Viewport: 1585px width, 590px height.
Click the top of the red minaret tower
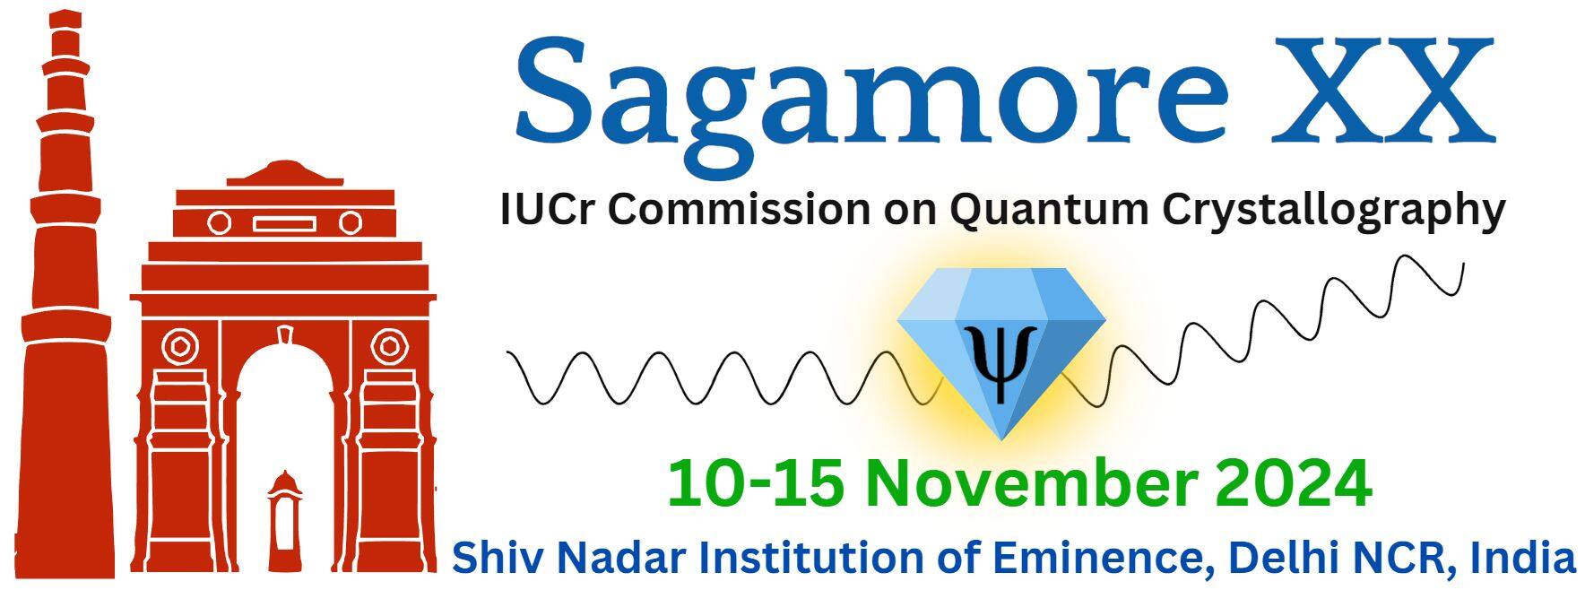pyautogui.click(x=65, y=18)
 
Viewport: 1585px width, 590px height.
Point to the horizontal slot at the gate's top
pyautogui.click(x=283, y=223)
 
